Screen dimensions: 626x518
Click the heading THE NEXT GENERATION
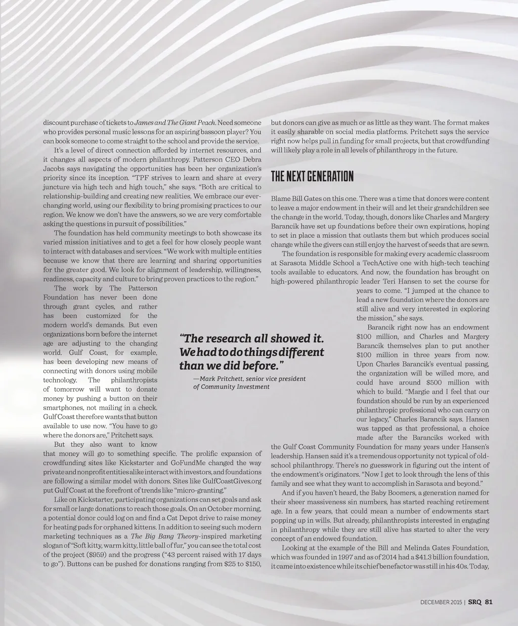click(312, 177)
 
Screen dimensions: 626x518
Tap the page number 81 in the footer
click(489, 602)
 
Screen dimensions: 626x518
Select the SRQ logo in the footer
click(474, 602)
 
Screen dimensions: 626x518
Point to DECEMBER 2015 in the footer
click(441, 602)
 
